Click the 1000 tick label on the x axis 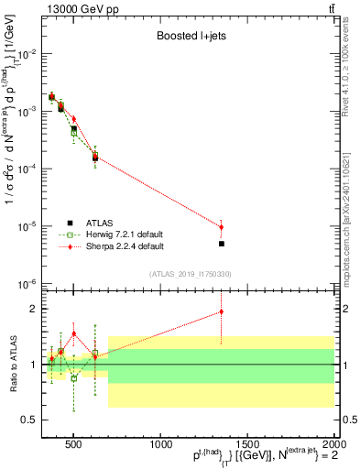(x=159, y=444)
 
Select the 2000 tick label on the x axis (x=333, y=444)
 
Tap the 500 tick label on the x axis (x=74, y=444)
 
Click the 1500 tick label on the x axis (x=247, y=444)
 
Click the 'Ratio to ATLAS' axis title (x=11, y=365)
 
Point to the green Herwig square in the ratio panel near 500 (x=74, y=377)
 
